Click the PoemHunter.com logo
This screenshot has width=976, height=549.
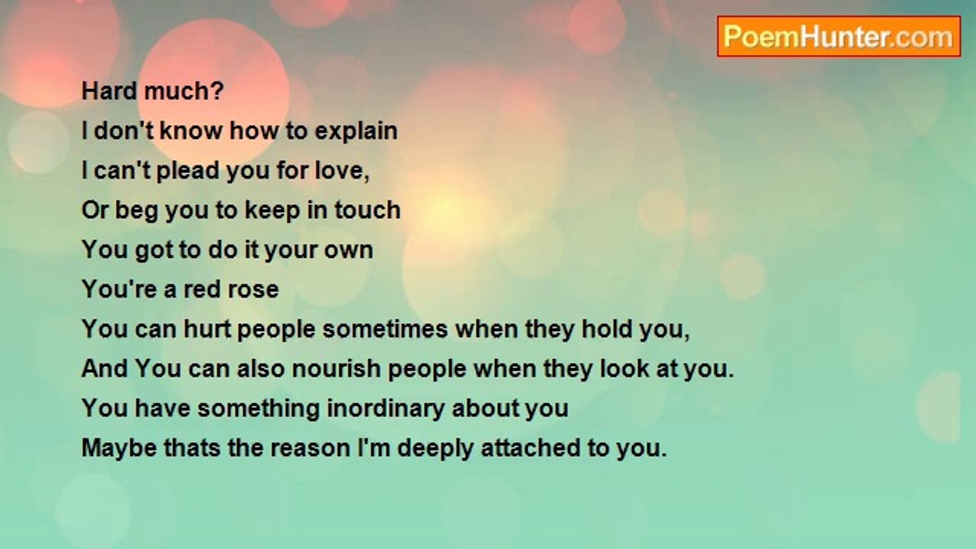pos(839,37)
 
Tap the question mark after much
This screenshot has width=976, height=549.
pos(218,91)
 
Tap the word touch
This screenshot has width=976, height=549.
pos(368,210)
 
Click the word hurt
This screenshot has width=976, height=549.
pos(207,329)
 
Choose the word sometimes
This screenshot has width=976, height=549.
pos(385,329)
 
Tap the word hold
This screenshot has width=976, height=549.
pos(607,329)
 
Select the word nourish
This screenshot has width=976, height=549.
pos(336,369)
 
